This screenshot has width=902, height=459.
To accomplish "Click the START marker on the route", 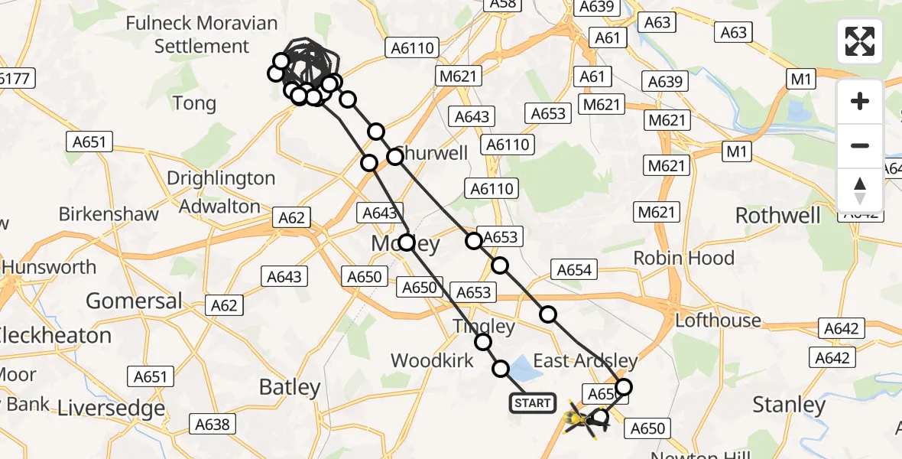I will pos(532,403).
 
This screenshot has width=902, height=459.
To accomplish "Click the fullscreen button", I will pos(860,41).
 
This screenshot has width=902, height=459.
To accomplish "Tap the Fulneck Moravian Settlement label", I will pos(201,34).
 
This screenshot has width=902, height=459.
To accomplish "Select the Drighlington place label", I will pos(221,178).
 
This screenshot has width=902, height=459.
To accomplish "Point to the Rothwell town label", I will pos(778,216).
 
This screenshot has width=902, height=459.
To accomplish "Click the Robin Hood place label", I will pos(684,258).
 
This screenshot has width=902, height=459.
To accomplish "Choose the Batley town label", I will pos(289,387).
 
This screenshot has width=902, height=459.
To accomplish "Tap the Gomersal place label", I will pos(134,301).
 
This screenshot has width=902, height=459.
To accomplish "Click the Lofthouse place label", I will pos(718,320).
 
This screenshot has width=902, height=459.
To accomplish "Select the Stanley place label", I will pos(789,404).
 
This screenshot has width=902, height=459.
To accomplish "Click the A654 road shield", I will pos(574,269).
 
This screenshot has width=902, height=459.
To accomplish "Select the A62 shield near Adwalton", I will pos(291,218).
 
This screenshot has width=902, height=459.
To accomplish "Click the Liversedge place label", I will pos(112,409).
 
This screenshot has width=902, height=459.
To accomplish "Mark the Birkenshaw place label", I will pos(109,213).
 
